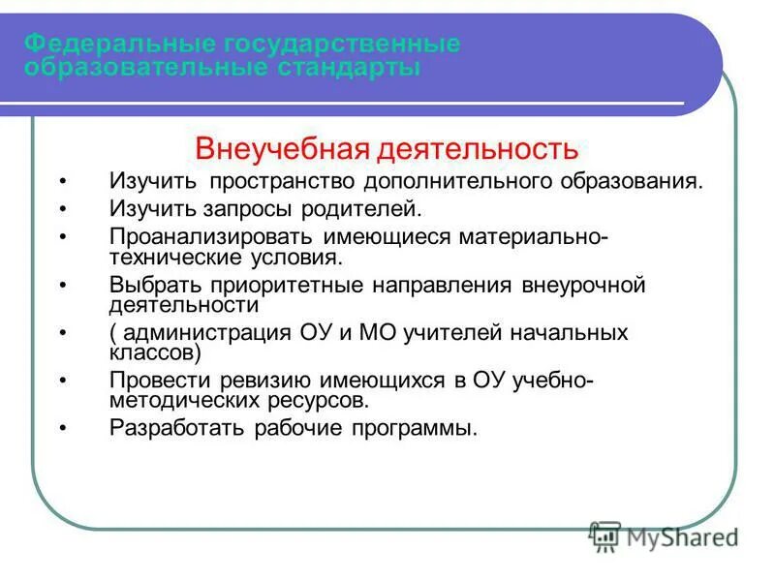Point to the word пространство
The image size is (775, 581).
[x=284, y=182]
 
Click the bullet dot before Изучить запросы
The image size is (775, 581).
[x=64, y=209]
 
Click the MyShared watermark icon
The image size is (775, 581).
[x=605, y=535]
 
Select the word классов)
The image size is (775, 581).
[x=155, y=352]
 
